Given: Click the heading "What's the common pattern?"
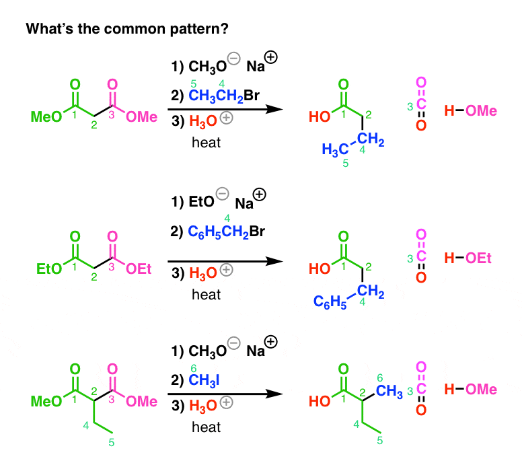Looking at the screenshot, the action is [127, 29].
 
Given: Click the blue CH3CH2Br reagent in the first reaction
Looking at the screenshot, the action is [224, 96].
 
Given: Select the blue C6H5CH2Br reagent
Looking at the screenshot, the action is [227, 231].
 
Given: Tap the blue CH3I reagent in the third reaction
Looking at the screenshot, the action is [204, 380].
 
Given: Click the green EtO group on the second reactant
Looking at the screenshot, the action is [49, 268].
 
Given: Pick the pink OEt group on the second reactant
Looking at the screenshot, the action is [139, 268].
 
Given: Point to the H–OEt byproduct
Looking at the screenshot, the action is [468, 258].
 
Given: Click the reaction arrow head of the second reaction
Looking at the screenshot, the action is [275, 261].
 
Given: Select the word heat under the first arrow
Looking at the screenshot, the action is [206, 143].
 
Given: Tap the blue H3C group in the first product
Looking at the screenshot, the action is [335, 149].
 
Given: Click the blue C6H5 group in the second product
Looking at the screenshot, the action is [330, 301].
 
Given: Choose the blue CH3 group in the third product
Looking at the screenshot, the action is [389, 391].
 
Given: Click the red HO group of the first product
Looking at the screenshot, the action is [320, 117].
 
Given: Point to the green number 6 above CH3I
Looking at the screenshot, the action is [194, 368].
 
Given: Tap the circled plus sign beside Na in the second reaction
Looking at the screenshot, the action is [260, 194].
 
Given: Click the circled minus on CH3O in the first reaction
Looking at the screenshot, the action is [234, 59].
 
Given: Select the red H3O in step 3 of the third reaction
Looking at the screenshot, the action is [202, 406].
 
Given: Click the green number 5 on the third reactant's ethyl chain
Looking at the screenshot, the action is [112, 442].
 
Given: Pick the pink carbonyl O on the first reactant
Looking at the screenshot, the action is [112, 84].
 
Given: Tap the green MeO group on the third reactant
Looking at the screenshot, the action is [46, 401].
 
